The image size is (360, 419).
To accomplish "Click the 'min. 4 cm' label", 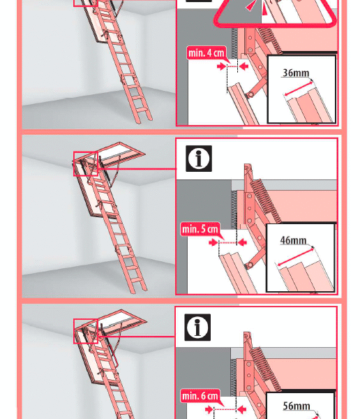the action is [x=207, y=52].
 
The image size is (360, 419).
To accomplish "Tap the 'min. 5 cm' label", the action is [x=200, y=229].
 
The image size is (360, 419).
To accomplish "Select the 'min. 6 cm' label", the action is [x=200, y=395].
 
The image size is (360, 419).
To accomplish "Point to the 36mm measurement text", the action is [x=296, y=73].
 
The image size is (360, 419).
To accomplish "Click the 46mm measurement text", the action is [x=293, y=240].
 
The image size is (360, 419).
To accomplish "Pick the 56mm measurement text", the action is [x=297, y=406].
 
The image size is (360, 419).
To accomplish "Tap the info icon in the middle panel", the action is [x=199, y=159].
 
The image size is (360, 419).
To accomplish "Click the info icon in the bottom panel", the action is [x=197, y=328].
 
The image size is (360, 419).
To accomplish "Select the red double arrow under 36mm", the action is [x=299, y=89].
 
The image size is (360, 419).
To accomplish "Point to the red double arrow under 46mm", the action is [x=296, y=257].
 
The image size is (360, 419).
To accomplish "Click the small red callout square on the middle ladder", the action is [x=86, y=164].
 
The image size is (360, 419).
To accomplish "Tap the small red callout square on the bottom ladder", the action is [x=86, y=331].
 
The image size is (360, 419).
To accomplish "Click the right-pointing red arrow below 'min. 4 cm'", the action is [x=222, y=66].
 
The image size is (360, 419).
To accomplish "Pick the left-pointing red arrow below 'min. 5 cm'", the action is [x=242, y=242].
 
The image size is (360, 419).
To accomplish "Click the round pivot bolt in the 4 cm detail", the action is [x=250, y=95].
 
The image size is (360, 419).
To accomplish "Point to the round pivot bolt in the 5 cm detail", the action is [x=250, y=265].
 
